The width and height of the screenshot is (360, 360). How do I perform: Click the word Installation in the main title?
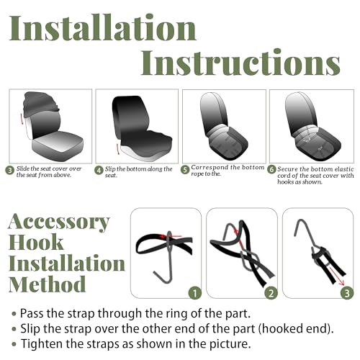pos(103,27)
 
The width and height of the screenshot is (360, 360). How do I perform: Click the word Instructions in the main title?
pos(240,62)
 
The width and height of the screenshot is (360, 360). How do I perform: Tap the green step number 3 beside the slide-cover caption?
pos(10,171)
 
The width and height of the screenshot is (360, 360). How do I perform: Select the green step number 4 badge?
pos(99,171)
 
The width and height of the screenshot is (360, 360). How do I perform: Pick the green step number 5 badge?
pos(185,170)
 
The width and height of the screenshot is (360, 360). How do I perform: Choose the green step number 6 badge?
pos(271,169)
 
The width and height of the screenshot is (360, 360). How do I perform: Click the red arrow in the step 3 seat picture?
pos(22,119)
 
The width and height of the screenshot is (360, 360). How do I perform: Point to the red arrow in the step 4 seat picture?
pos(117,149)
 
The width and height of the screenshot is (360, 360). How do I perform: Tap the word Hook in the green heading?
pos(36,242)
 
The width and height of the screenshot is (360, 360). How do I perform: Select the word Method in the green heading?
pos(47,284)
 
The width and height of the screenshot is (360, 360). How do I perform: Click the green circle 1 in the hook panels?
pos(195,293)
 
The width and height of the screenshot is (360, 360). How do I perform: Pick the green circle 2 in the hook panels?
pos(271,293)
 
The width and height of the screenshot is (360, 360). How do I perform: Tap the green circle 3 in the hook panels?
pos(347,293)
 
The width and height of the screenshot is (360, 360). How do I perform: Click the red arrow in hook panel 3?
pos(336,276)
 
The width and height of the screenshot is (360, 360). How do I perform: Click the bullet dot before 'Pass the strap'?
pos(14,314)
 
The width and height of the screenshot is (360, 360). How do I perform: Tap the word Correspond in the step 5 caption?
pos(210,167)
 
